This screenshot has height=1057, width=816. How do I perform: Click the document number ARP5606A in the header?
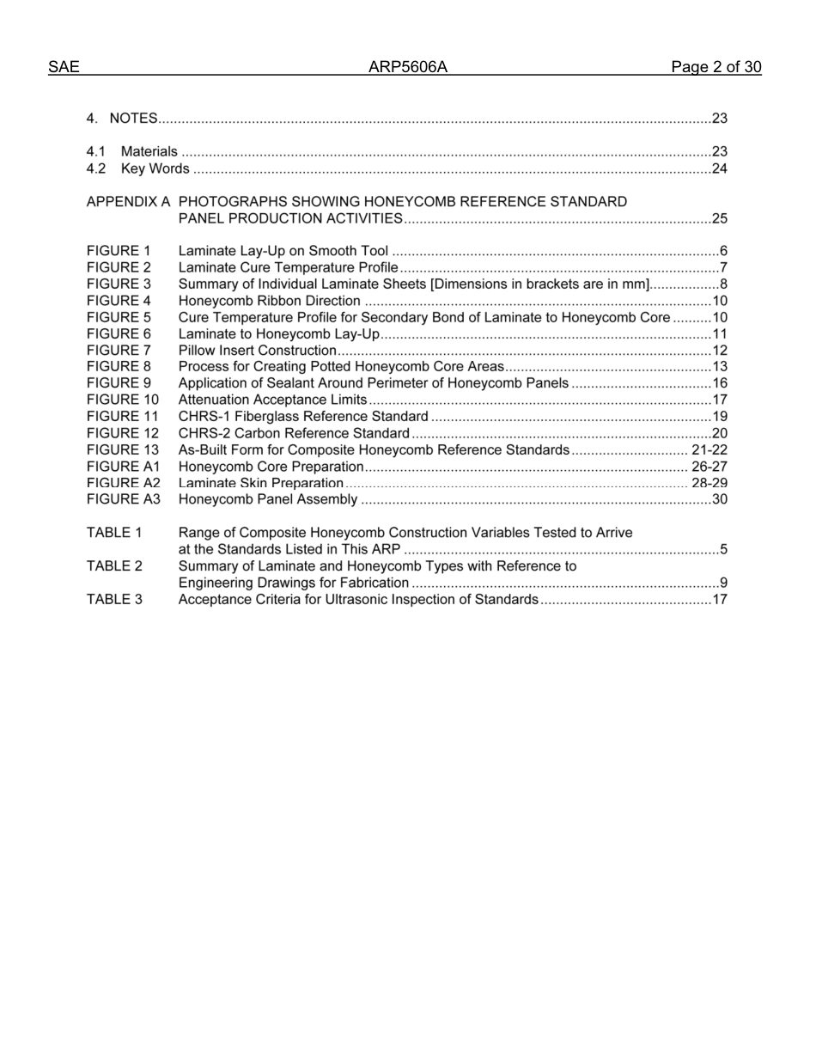pyautogui.click(x=408, y=68)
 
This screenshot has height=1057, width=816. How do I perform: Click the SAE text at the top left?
pyautogui.click(x=64, y=68)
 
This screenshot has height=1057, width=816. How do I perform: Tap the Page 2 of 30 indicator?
pyautogui.click(x=716, y=68)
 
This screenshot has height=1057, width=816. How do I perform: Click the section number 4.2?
pyautogui.click(x=96, y=168)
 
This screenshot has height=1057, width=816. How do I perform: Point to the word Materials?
pyautogui.click(x=149, y=152)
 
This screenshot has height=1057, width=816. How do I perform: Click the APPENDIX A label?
pyautogui.click(x=128, y=202)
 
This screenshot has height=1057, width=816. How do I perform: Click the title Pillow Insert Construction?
pyautogui.click(x=257, y=351)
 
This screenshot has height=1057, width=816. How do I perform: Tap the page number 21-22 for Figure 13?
pyautogui.click(x=709, y=450)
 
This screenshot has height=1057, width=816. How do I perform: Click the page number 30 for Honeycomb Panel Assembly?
pyautogui.click(x=719, y=499)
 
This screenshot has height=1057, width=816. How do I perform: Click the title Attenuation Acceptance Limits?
pyautogui.click(x=272, y=400)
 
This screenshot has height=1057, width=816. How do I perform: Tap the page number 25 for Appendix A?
pyautogui.click(x=719, y=218)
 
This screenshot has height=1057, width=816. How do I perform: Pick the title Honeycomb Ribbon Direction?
pyautogui.click(x=269, y=301)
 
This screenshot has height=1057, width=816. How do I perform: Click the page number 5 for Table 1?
pyautogui.click(x=723, y=549)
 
